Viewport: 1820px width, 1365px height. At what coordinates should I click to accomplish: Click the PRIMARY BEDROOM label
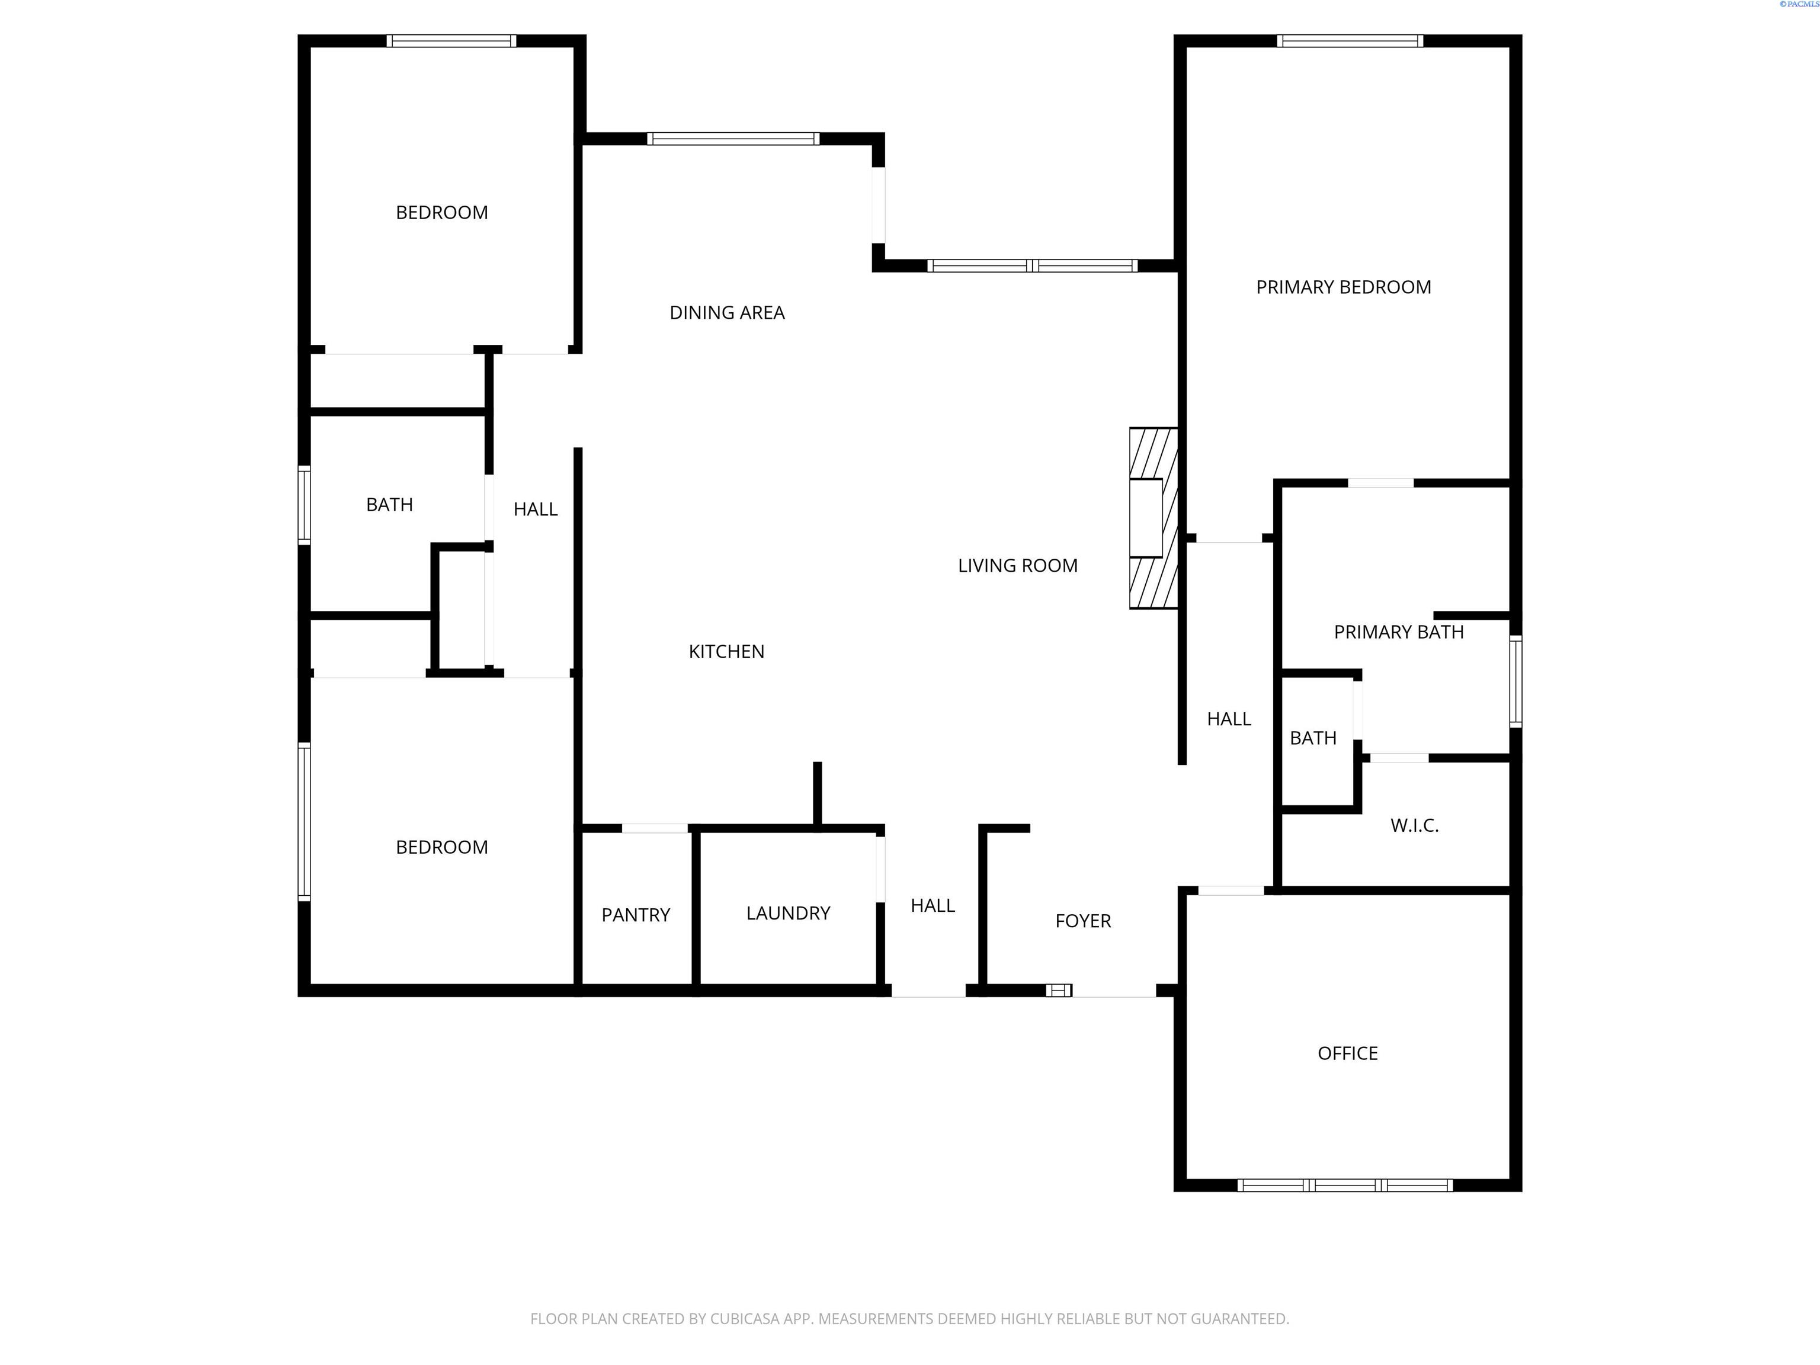[1343, 287]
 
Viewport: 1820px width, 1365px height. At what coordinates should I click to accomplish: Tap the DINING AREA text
[726, 313]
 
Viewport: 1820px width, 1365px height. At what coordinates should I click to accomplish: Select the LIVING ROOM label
[1017, 565]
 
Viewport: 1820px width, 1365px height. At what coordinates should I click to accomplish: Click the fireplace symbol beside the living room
[1153, 518]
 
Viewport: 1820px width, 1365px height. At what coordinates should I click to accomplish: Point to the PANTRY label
[635, 915]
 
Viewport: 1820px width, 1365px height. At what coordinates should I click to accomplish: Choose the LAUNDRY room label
[787, 914]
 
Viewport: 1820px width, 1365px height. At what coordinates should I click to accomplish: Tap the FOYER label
[1083, 921]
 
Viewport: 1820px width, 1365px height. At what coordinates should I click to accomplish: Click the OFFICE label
[1347, 1053]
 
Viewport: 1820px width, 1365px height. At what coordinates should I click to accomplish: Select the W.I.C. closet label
[1414, 825]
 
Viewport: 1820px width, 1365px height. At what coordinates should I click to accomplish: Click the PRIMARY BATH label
[1398, 632]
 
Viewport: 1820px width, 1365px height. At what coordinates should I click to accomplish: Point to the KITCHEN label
[726, 652]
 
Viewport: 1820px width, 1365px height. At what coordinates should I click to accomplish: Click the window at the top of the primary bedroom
[1350, 41]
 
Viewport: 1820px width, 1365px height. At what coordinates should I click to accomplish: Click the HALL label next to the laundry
[932, 906]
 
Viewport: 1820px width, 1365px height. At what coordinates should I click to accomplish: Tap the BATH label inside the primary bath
[1312, 738]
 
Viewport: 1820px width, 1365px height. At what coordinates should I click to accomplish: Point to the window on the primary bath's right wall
[1515, 681]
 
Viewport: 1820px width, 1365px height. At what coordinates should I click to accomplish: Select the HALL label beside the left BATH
[535, 510]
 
